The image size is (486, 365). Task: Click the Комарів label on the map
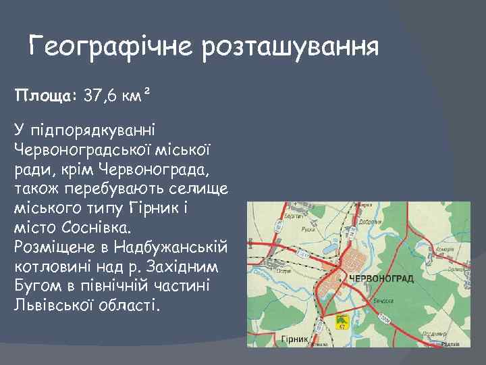tap(446, 249)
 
